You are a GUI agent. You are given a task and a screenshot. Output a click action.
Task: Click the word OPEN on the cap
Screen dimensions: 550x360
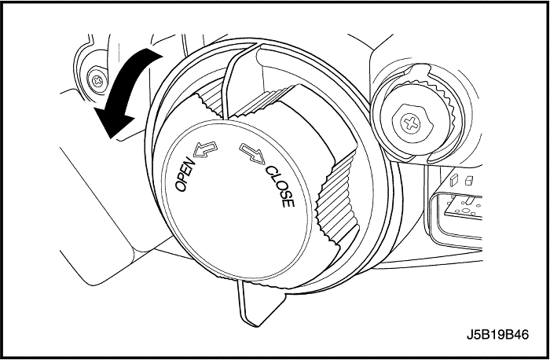point(185,174)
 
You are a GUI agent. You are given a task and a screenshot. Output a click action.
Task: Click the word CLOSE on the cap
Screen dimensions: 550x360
point(280,186)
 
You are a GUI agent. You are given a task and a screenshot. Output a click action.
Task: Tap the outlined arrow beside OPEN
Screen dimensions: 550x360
point(205,149)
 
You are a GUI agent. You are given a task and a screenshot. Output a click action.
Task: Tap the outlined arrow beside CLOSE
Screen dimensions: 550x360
point(252,153)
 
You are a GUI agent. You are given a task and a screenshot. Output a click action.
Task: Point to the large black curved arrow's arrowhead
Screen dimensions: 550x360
point(112,121)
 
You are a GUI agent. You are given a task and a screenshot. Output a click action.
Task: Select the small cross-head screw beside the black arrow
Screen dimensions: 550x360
point(97,82)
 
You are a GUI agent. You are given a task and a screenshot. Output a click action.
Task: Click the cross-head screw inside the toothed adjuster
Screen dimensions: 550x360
point(411,123)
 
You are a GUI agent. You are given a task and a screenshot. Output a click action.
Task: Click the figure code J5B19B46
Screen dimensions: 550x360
point(497,334)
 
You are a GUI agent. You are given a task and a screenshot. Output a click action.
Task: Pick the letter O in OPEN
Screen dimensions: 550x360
point(180,186)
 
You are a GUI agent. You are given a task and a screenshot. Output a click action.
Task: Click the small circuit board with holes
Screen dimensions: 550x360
point(462,207)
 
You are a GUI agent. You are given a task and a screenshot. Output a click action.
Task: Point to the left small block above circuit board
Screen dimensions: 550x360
point(454,180)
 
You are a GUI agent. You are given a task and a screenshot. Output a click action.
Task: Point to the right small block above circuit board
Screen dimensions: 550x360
point(468,180)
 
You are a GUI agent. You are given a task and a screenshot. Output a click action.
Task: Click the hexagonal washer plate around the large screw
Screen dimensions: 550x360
point(412,123)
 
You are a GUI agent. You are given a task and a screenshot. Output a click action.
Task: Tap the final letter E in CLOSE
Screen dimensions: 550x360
point(288,203)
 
